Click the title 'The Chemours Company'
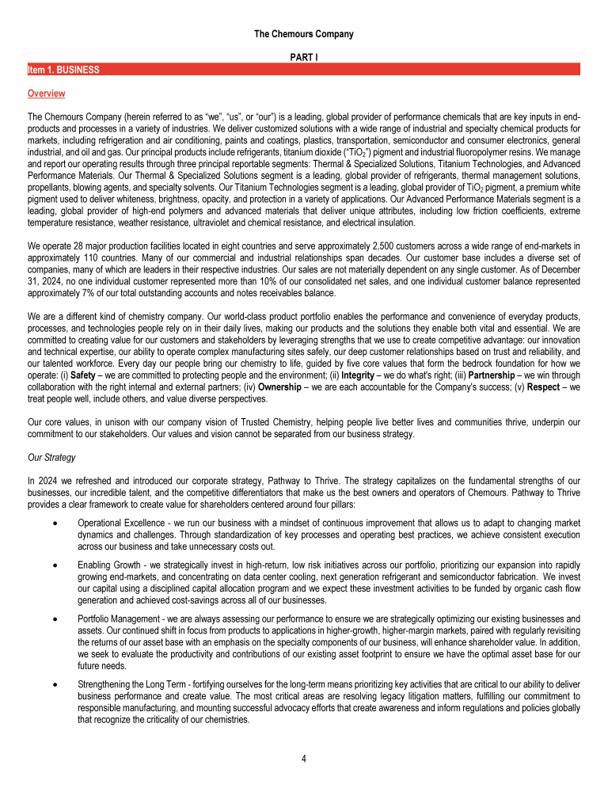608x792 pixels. coord(304,34)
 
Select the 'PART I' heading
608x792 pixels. coord(304,58)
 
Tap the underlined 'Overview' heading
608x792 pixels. coord(46,93)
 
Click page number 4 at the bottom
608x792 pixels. coord(304,759)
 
